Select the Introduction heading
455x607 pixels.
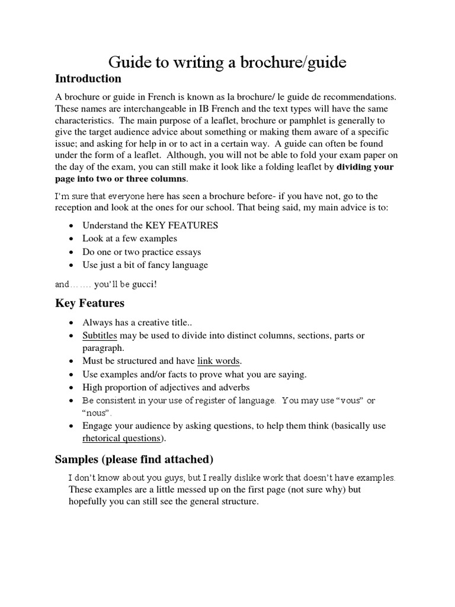coord(88,79)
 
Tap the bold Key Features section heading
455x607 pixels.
coord(89,303)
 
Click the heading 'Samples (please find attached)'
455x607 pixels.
coord(134,459)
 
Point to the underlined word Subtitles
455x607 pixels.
coord(100,336)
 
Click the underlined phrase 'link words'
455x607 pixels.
coord(219,361)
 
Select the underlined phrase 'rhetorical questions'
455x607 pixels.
coord(121,438)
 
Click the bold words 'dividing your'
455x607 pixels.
coord(365,167)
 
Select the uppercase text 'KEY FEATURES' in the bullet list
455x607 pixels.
coord(184,225)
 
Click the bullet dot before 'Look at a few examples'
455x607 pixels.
coord(71,238)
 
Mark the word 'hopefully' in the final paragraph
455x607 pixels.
coord(89,501)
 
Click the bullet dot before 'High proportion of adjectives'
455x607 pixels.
coord(71,388)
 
